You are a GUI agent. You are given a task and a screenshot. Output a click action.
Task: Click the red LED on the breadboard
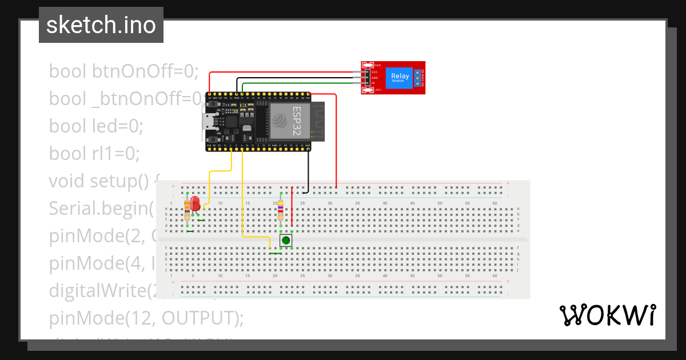click(195, 203)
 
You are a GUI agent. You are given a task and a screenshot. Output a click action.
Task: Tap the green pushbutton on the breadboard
click(286, 241)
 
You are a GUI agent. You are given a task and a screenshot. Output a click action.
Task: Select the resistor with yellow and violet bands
click(280, 210)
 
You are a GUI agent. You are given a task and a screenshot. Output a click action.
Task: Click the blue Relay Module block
click(400, 77)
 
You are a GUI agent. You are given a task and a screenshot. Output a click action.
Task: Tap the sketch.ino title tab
click(101, 25)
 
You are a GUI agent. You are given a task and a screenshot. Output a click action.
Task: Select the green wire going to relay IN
click(297, 84)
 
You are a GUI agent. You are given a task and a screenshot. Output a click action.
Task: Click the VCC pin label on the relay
click(374, 72)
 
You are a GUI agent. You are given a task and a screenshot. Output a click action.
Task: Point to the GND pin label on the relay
click(374, 78)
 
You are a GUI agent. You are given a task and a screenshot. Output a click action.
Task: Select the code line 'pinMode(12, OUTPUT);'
click(146, 317)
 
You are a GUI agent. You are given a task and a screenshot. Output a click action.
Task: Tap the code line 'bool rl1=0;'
click(94, 153)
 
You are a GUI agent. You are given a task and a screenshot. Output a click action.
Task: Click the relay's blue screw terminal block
click(419, 77)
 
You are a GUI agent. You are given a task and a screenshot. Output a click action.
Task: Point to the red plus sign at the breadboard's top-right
click(508, 185)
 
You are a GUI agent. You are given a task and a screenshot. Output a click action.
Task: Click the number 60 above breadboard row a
click(494, 203)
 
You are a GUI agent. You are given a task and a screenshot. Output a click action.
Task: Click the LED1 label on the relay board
click(377, 90)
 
